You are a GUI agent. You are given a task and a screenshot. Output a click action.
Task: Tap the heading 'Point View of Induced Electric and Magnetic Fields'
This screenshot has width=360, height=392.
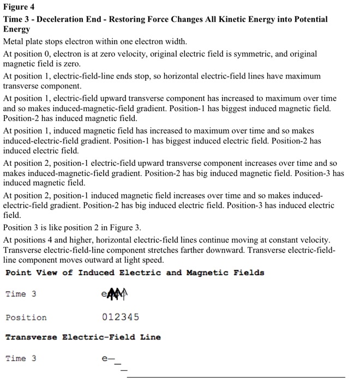click(x=135, y=273)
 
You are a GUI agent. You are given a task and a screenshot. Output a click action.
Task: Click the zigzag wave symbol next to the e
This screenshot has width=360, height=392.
click(x=116, y=294)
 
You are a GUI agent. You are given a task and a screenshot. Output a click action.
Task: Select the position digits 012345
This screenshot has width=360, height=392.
click(x=121, y=317)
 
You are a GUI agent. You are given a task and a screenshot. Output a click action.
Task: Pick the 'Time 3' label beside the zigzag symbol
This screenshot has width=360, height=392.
click(x=21, y=294)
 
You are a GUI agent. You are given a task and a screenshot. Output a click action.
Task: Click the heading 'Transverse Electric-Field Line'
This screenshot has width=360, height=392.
click(x=83, y=337)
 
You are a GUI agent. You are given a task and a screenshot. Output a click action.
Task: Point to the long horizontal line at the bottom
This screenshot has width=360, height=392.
click(x=236, y=377)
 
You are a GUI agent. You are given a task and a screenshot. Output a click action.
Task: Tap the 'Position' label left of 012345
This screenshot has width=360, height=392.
click(x=26, y=317)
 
